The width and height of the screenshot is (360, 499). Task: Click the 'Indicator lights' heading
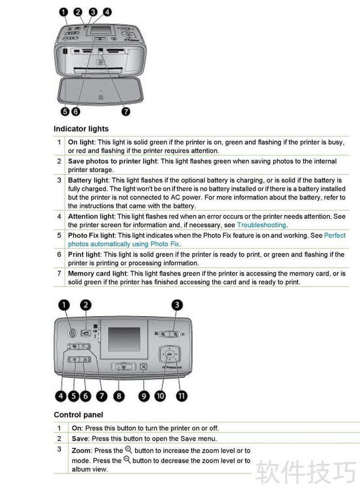coord(81,128)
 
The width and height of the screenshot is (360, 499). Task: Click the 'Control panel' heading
coord(78,415)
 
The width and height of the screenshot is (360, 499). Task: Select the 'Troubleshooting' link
coord(261,225)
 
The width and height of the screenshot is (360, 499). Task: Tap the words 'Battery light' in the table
coord(88,180)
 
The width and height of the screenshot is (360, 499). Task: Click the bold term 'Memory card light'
coord(98,273)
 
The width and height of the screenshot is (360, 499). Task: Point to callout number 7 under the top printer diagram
coord(126,111)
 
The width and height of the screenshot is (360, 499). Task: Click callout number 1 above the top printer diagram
coord(63,12)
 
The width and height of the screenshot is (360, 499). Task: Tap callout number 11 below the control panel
coord(181,396)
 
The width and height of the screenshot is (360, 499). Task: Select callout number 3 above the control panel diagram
coord(177,305)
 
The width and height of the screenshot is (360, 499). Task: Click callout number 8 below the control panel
coord(119,396)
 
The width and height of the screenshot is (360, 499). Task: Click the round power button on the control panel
coord(72,333)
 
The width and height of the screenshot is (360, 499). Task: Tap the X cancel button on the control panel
coord(144,367)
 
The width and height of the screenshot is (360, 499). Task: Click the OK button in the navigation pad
coord(170,354)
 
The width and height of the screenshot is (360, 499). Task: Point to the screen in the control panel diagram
coord(124,339)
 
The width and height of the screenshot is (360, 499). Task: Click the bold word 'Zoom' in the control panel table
coord(81,451)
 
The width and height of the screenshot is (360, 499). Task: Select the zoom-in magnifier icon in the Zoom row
coord(129,449)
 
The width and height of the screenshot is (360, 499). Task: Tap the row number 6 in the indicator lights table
coord(59,254)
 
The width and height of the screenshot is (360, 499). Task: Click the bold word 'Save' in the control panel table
coord(80,439)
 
